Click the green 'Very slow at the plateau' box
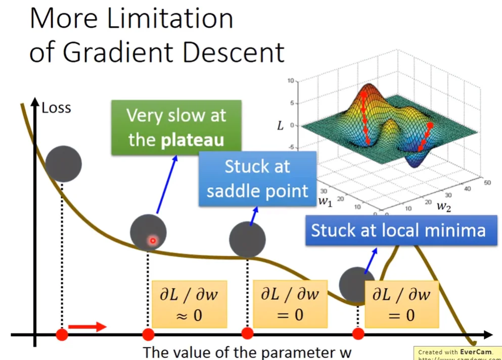point(176,127)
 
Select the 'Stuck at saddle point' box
point(257,178)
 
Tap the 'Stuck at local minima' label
point(398,231)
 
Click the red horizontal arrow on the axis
point(87,327)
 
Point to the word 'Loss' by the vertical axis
point(56,108)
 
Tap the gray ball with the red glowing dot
point(148,232)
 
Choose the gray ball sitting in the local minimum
point(356,284)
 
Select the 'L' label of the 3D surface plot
point(280,125)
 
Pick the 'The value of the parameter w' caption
point(247,351)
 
